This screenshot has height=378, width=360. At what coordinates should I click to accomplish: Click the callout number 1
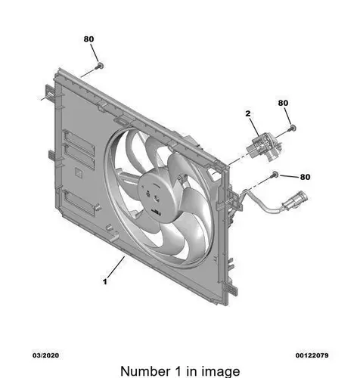click(x=105, y=281)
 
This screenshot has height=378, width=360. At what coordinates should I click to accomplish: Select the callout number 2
click(x=248, y=113)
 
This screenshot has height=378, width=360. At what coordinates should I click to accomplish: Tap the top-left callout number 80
click(x=88, y=39)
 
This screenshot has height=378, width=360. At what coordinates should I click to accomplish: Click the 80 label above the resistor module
click(x=283, y=103)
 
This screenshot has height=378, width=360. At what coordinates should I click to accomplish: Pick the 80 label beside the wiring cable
click(x=305, y=177)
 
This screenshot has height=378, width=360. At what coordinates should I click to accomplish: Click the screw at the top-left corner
click(x=100, y=67)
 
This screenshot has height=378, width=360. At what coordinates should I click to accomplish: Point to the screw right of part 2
click(x=292, y=128)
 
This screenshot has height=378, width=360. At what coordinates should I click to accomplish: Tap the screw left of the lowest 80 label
click(x=275, y=174)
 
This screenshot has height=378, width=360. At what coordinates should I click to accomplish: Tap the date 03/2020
click(x=45, y=355)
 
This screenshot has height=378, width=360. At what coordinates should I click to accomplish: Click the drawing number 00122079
click(x=312, y=355)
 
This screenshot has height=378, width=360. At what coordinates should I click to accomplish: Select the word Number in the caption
click(x=145, y=371)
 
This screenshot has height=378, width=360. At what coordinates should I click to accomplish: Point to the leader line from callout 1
click(x=116, y=267)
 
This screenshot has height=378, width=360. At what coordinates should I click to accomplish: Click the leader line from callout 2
click(x=255, y=125)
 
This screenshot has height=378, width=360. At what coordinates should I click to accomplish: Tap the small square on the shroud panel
click(x=79, y=172)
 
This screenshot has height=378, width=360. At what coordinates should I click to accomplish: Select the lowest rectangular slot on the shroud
click(x=79, y=203)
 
